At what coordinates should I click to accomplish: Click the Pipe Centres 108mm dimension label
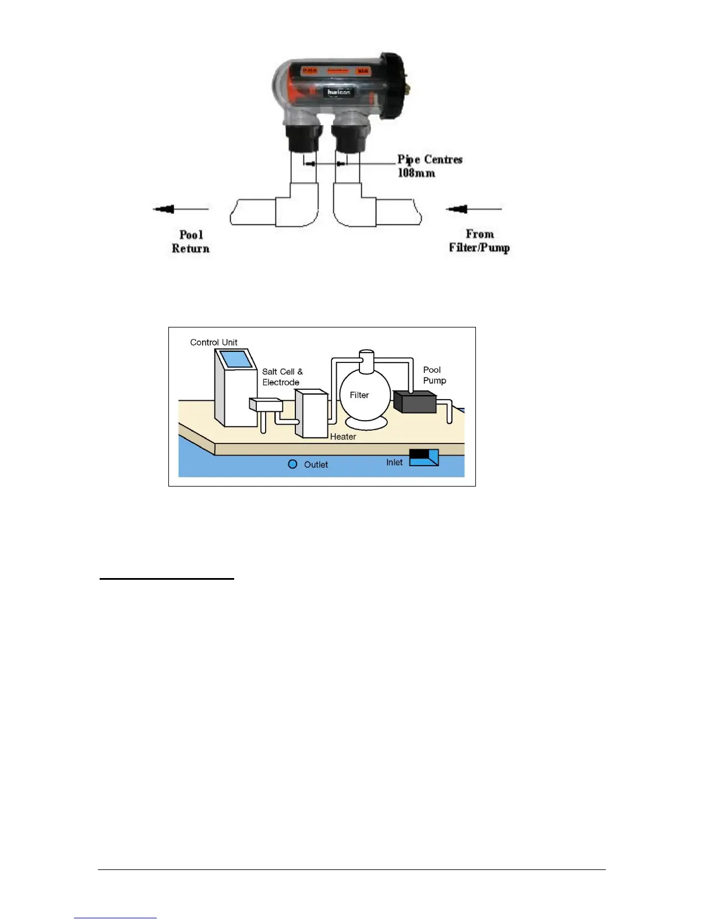[x=429, y=166]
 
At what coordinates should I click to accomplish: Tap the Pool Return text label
[x=190, y=241]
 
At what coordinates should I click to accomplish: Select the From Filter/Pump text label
[x=479, y=241]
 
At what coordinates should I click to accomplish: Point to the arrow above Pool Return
[x=181, y=209]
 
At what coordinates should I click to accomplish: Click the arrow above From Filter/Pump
[x=473, y=209]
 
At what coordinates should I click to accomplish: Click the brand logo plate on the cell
[x=338, y=92]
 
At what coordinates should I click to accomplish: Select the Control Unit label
[x=214, y=343]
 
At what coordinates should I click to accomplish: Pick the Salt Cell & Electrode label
[x=282, y=377]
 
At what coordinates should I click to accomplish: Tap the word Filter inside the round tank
[x=359, y=395]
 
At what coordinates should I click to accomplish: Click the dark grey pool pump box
[x=415, y=402]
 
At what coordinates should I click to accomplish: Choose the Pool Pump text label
[x=435, y=375]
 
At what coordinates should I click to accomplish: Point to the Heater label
[x=343, y=436]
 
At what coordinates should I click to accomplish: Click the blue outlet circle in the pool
[x=293, y=464]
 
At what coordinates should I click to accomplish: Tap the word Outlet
[x=316, y=464]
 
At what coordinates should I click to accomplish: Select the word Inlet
[x=394, y=462]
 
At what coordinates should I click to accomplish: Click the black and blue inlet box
[x=423, y=457]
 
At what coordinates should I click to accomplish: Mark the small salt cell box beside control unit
[x=266, y=404]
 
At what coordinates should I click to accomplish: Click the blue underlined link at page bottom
[x=115, y=918]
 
